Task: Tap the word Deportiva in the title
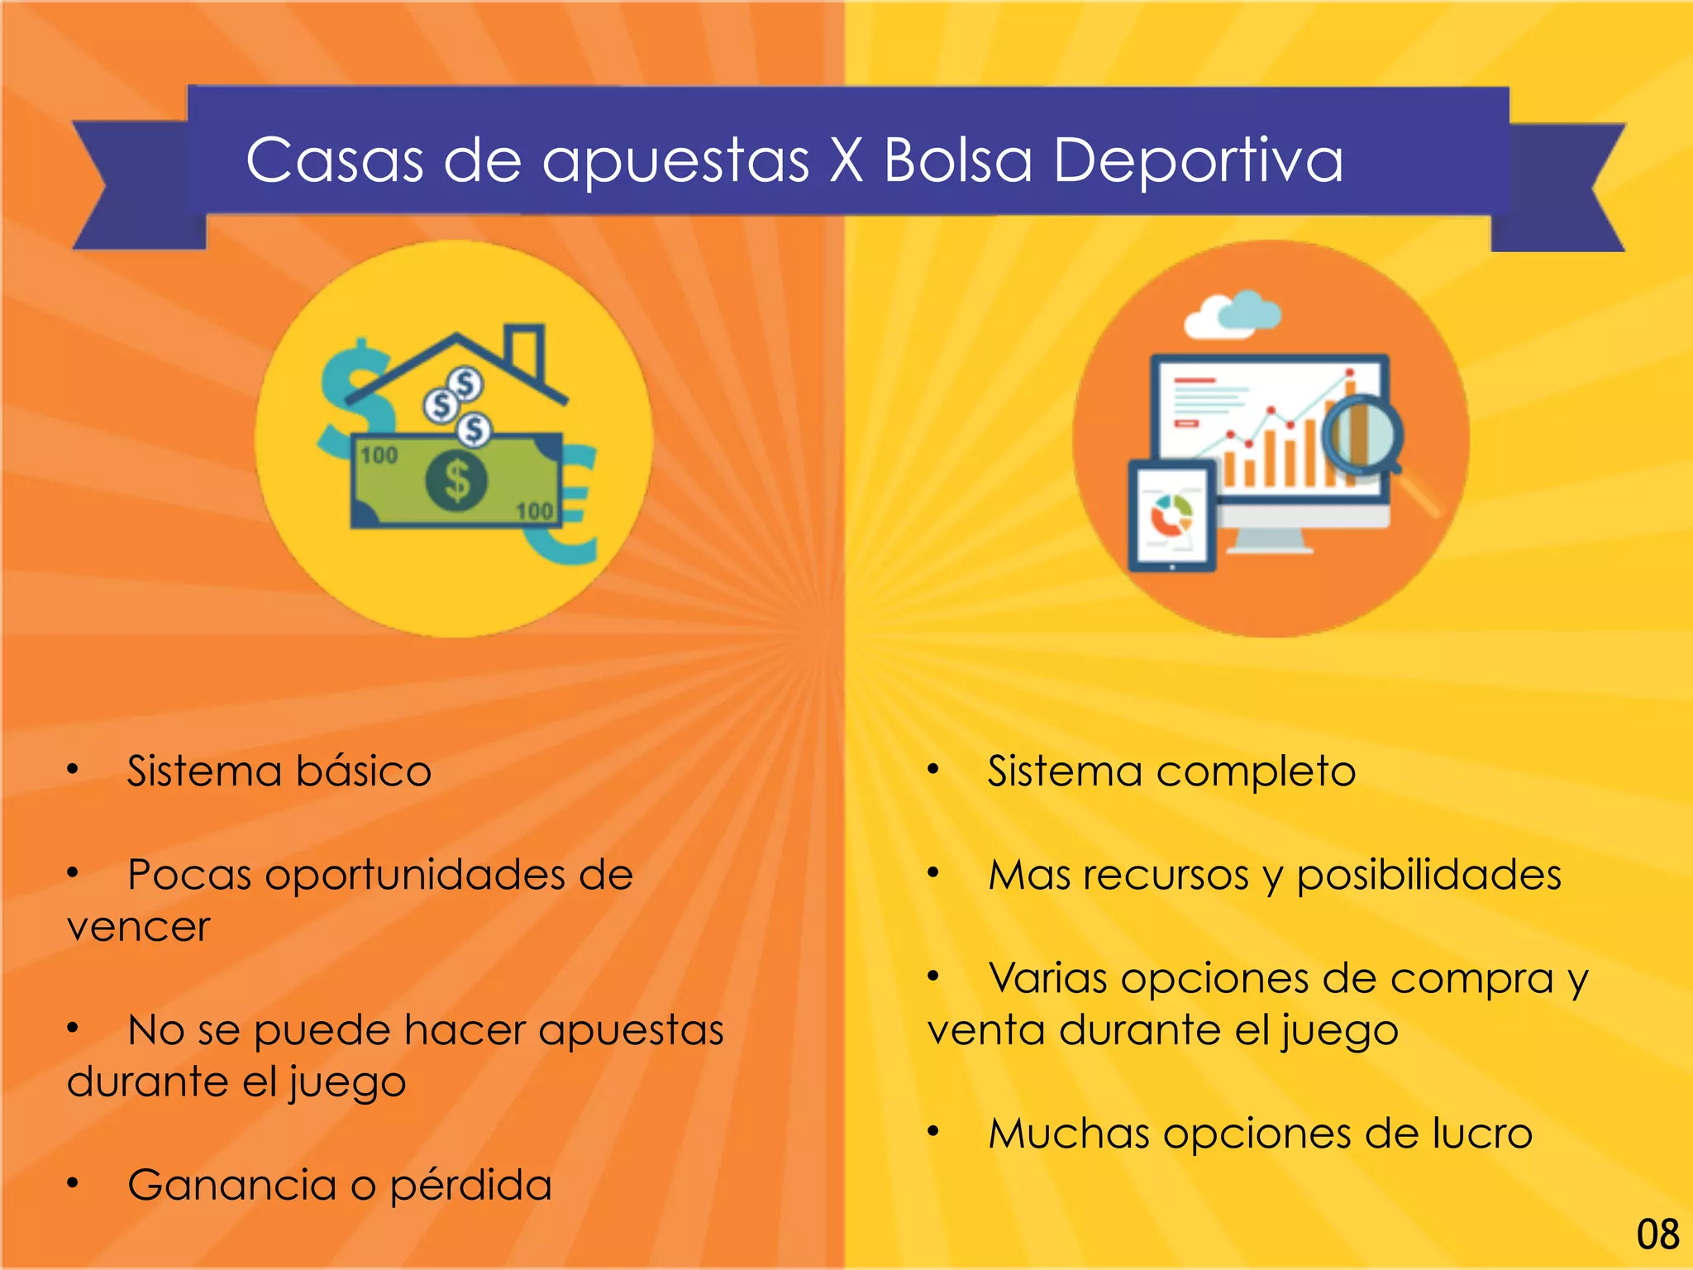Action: (1198, 161)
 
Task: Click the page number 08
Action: (1657, 1234)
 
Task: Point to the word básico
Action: (363, 771)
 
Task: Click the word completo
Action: (1255, 772)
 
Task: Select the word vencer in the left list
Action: (138, 927)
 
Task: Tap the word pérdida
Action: (470, 1186)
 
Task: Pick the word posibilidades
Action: (1428, 876)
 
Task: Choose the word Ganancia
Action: (231, 1185)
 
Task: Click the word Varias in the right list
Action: (1047, 979)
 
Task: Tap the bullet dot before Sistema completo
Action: (933, 770)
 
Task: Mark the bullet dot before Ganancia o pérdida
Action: (73, 1183)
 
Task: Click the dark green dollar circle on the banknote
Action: (456, 480)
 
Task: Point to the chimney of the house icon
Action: (524, 351)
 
